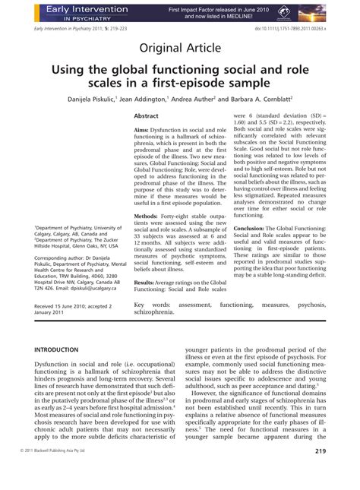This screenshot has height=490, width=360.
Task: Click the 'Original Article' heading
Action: (x=180, y=48)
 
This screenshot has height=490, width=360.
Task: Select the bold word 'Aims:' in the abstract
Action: (x=143, y=131)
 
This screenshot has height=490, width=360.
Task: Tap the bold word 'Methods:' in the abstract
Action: (x=147, y=217)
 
